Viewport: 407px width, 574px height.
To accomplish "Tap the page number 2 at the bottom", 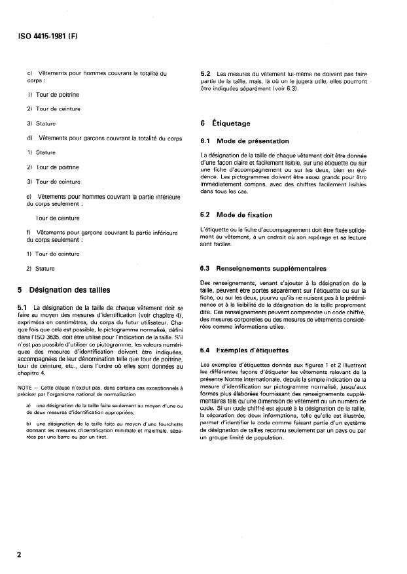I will click(19, 555).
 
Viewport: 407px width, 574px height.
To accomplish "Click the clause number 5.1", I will click(22, 307).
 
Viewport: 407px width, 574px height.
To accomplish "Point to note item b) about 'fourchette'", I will click(29, 424).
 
